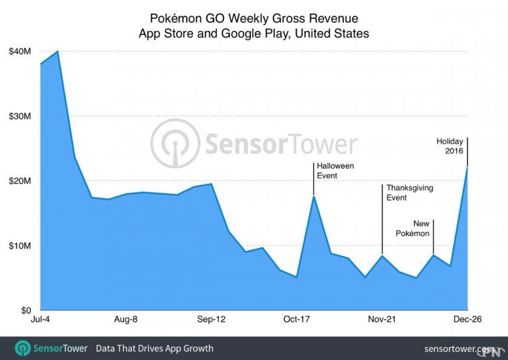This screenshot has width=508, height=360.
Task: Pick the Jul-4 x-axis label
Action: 41,319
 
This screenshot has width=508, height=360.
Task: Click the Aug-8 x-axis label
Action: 126,319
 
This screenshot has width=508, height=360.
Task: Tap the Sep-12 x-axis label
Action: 212,319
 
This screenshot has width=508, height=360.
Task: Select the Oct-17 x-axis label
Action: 297,319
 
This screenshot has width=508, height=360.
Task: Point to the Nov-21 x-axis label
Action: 382,319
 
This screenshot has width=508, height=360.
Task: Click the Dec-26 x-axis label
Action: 467,319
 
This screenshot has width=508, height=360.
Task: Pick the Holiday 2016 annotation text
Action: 450,146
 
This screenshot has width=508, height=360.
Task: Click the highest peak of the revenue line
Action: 57,51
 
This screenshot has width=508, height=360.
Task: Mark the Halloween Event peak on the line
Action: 313,196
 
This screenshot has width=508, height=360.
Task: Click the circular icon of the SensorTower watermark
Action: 175,143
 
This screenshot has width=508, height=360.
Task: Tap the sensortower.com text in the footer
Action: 460,349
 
